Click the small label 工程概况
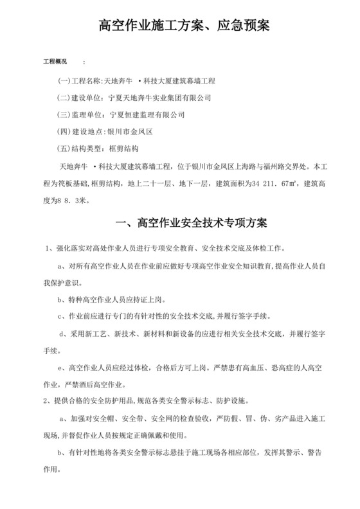tap(55, 62)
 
